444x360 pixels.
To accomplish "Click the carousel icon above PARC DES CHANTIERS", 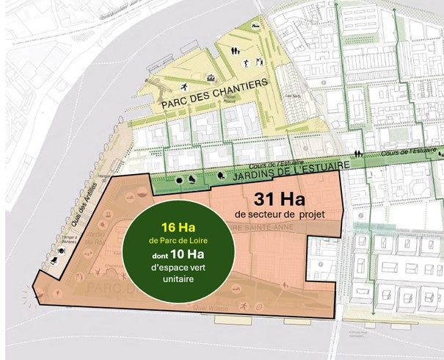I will click(213, 76).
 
